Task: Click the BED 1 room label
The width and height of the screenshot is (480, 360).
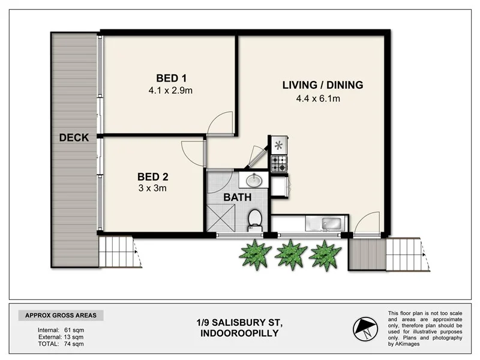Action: point(172,78)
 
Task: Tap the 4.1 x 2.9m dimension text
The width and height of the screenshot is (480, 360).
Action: point(171,91)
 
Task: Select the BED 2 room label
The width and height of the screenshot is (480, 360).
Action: point(153,176)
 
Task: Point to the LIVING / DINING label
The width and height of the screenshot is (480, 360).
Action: point(323,85)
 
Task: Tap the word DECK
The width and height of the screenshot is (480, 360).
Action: point(74,138)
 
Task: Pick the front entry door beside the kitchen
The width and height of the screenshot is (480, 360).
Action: point(365,224)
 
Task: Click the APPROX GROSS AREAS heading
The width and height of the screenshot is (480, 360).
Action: point(61,316)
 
